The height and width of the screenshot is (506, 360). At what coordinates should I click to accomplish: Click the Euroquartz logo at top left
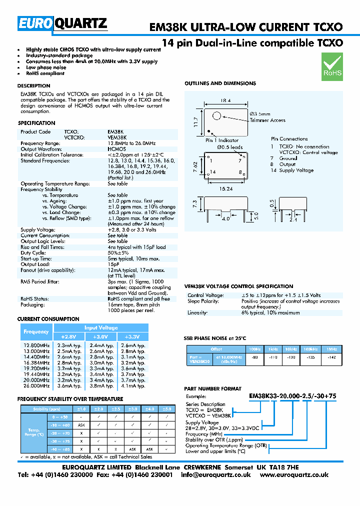62,23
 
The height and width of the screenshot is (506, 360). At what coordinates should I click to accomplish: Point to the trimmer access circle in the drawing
216,116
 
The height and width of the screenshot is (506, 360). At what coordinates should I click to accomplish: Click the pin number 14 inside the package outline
213,171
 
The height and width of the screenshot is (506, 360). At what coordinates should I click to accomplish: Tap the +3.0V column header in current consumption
101,336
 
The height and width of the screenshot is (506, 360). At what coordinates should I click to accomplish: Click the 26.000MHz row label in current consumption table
36,386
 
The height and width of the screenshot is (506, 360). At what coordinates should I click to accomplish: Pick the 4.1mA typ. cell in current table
133,386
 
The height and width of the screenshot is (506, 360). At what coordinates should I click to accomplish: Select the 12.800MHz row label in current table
36,345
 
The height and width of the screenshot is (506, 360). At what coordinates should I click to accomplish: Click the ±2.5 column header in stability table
115,408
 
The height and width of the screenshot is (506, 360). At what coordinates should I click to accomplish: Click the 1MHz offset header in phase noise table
331,348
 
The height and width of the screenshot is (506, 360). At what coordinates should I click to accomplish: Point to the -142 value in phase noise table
331,358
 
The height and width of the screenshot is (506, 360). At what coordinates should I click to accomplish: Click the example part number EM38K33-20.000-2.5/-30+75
292,396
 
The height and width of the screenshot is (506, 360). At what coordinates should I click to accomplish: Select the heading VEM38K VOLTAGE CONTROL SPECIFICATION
239,286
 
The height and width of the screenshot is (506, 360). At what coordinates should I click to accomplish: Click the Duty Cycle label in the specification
33,253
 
